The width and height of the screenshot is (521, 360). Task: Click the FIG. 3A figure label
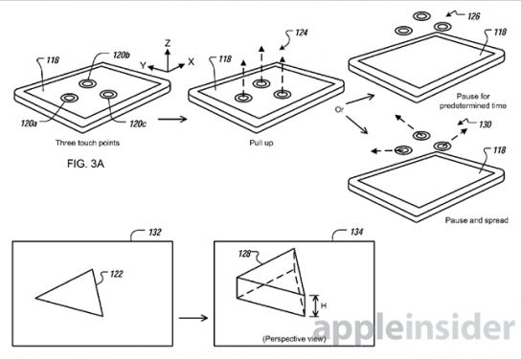pos(85,164)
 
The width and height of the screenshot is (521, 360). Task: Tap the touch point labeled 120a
pos(70,98)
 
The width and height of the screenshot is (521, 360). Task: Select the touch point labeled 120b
pos(87,83)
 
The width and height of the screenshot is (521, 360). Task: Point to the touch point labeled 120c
pos(108,95)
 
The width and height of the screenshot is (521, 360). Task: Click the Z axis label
pos(168,43)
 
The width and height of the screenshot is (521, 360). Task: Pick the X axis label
pos(191,62)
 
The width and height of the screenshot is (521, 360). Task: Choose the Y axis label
pos(143,65)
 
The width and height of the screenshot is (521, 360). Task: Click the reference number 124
pos(301,33)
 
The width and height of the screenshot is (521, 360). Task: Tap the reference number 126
pos(473,16)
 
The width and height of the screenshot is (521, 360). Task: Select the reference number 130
pos(485,124)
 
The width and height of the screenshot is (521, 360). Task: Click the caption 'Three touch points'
pos(87,143)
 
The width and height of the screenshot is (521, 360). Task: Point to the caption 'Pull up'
pos(261,143)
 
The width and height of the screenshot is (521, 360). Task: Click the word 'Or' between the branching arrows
pos(339,109)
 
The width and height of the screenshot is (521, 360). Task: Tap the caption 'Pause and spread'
pos(477,220)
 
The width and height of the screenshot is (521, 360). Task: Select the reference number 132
pos(155,232)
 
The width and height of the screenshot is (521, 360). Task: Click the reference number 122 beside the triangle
pos(116,274)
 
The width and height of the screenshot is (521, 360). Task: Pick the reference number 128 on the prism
pos(244,254)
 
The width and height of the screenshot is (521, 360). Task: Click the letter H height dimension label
pos(324,305)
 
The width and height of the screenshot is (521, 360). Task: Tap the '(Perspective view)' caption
pos(294,339)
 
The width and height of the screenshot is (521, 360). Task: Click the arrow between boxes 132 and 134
pos(193,318)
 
